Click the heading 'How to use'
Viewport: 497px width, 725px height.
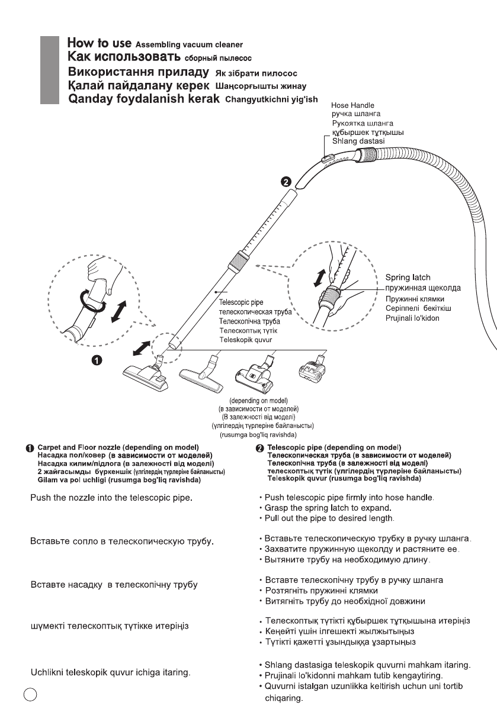click(100, 44)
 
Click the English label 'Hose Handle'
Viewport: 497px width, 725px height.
click(354, 105)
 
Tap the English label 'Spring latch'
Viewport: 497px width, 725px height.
click(408, 276)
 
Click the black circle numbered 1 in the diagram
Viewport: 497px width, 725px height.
click(97, 359)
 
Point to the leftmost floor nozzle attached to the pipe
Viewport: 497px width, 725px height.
click(146, 376)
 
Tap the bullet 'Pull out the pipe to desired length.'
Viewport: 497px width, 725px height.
click(323, 518)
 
